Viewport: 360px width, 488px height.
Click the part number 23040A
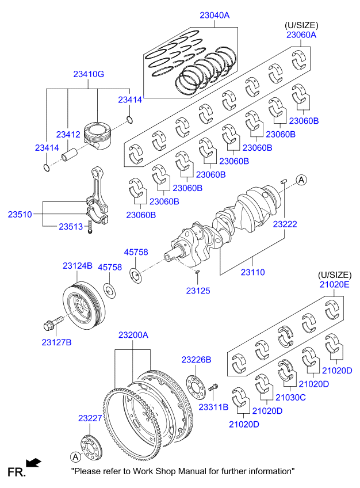click(x=214, y=16)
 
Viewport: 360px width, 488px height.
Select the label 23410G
click(x=88, y=74)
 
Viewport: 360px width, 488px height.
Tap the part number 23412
click(x=68, y=135)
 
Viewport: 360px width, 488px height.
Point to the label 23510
click(x=19, y=214)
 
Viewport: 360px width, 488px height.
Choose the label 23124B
click(x=77, y=266)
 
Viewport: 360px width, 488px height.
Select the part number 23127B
click(x=56, y=342)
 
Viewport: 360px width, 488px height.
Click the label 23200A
click(x=133, y=334)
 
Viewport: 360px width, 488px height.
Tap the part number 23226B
click(x=197, y=359)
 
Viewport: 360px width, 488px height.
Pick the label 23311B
click(x=213, y=407)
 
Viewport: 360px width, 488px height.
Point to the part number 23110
click(x=252, y=272)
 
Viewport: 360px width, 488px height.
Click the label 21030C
click(x=290, y=397)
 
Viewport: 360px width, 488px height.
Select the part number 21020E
click(x=335, y=284)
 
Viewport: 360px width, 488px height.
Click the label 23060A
click(x=301, y=35)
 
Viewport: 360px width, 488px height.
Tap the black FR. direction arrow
click(x=35, y=462)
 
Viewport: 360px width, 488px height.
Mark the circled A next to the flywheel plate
click(x=75, y=457)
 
